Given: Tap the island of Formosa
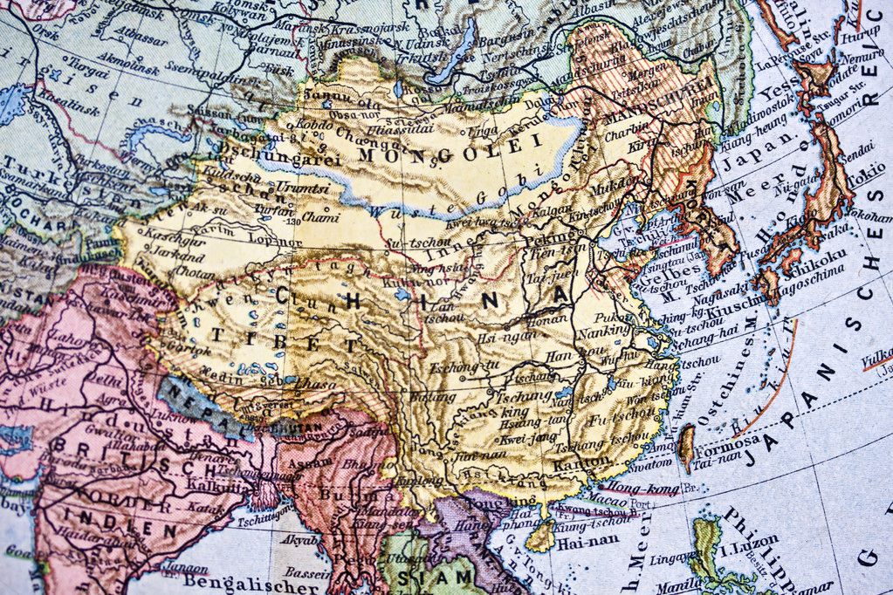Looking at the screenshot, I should [687, 446].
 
